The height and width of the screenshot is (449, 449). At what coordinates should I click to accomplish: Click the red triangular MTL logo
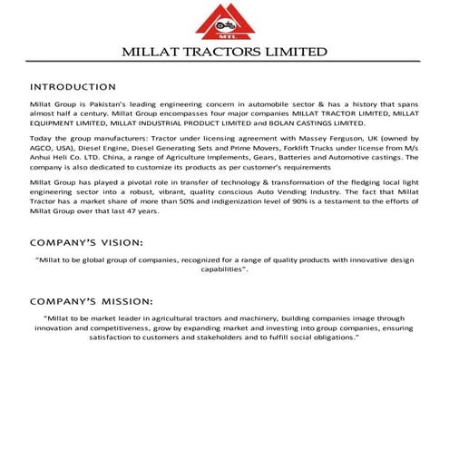[x=224, y=23]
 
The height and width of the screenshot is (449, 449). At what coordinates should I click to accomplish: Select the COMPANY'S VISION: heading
[x=86, y=243]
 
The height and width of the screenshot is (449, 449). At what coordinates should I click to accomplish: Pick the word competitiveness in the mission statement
[x=117, y=327]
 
